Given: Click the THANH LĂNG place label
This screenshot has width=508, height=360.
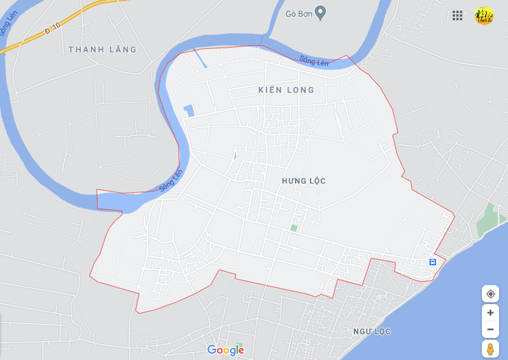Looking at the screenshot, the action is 102,50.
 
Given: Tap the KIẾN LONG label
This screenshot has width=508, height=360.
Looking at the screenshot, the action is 286,90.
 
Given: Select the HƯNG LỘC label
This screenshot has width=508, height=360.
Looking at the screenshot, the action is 304,181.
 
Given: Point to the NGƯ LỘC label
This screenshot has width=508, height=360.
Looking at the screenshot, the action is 372,331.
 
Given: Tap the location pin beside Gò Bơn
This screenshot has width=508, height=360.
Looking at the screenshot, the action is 320,13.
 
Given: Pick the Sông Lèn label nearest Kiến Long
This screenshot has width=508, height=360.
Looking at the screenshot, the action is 314,61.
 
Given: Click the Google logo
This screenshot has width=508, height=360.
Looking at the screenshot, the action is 225,350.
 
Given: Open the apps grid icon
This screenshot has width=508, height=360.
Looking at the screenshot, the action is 457,16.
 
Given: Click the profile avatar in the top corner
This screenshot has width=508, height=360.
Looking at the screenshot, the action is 484,16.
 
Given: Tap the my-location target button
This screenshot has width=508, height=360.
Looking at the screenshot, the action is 490,294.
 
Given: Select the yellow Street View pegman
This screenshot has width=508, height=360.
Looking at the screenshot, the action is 490,349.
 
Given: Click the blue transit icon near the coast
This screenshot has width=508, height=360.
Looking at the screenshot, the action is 432,262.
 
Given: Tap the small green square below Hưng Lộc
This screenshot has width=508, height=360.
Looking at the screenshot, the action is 294,228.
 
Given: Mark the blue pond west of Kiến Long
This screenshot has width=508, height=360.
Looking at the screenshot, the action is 188,110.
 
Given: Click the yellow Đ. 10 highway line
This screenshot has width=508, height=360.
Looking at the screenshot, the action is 88,9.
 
